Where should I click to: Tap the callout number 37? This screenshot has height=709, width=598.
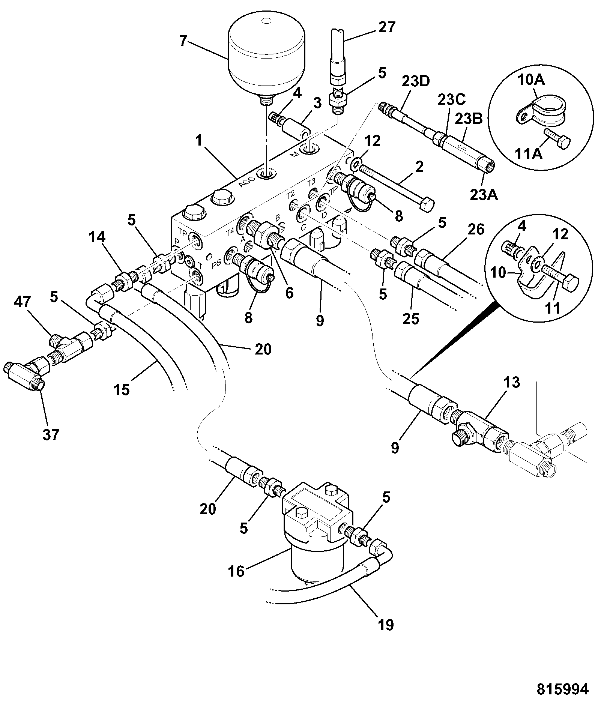point(51,434)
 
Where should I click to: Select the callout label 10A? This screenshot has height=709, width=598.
point(531,80)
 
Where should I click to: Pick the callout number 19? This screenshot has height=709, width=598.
point(385,625)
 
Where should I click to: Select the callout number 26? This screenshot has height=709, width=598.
point(476,229)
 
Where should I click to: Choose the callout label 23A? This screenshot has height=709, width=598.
point(484,194)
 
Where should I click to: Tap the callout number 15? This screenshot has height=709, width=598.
point(122,389)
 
